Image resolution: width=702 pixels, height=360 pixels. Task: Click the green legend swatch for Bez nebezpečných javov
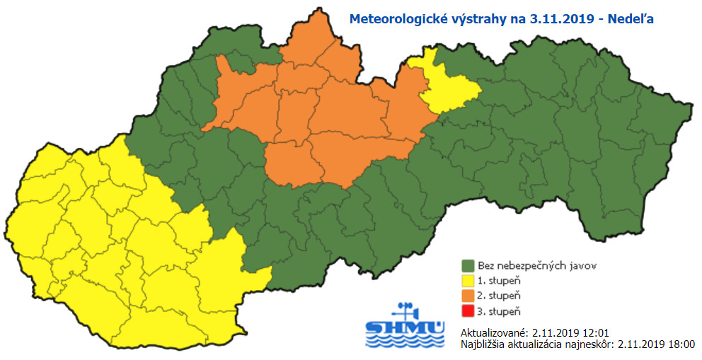pos(468,266)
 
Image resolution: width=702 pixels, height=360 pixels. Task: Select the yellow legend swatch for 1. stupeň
pos(468,281)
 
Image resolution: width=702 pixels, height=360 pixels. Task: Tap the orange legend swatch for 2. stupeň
pos(468,296)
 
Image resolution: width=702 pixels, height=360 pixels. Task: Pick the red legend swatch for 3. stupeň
pos(468,312)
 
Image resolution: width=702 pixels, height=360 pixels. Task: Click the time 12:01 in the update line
pos(595,332)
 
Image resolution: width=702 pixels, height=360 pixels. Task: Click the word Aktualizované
pos(494,332)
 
